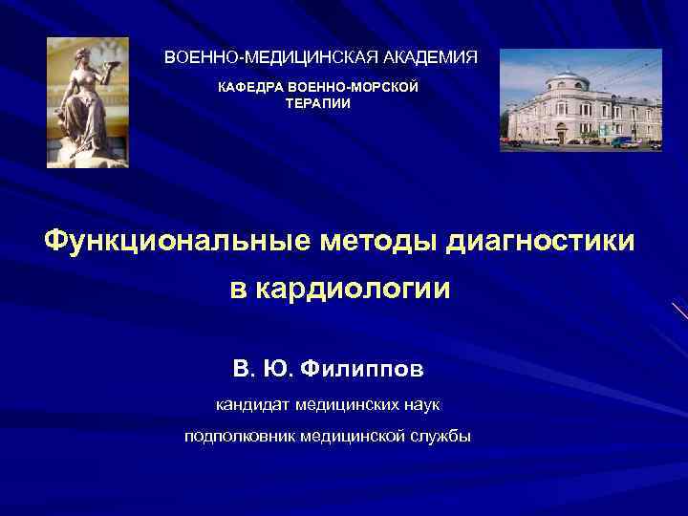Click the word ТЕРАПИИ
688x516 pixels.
(318, 103)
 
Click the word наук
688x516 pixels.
(419, 405)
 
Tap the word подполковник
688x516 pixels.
(239, 436)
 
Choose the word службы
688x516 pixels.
(441, 436)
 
